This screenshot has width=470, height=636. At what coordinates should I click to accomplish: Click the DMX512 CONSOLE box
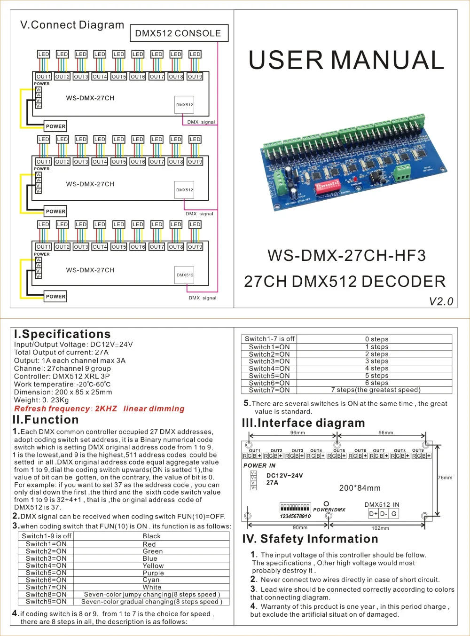[x=178, y=33]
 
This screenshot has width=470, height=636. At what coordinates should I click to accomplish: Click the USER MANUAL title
[x=346, y=60]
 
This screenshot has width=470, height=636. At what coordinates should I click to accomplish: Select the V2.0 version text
[x=441, y=301]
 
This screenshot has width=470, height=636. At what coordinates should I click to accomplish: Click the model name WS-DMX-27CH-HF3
[x=346, y=256]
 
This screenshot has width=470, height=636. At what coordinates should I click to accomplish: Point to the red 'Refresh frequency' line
[x=99, y=408]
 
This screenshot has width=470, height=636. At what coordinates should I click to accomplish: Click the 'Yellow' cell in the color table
[x=153, y=566]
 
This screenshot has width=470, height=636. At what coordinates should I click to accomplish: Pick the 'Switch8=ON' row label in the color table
[x=46, y=594]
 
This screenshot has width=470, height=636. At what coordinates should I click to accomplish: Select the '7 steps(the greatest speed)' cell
[x=376, y=390]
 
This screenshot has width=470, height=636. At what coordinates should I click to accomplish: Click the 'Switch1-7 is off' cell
[x=269, y=339]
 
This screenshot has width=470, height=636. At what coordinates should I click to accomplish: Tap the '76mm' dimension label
[x=445, y=478]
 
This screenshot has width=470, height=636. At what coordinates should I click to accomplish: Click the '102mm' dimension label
[x=380, y=528]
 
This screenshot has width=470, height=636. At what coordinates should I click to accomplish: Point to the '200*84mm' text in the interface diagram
[x=360, y=488]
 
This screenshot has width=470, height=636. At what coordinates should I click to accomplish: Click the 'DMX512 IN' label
[x=382, y=504]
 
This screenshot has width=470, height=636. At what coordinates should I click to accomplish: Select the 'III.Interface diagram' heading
[x=303, y=423]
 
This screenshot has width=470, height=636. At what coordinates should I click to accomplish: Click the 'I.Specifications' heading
[x=62, y=334]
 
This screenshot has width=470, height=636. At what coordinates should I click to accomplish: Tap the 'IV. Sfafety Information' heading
[x=310, y=539]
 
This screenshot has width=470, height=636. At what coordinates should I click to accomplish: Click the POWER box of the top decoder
[x=55, y=126]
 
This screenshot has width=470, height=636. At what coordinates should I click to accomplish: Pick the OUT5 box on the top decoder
[x=119, y=77]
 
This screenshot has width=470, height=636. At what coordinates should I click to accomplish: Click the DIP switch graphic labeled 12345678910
[x=295, y=509]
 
